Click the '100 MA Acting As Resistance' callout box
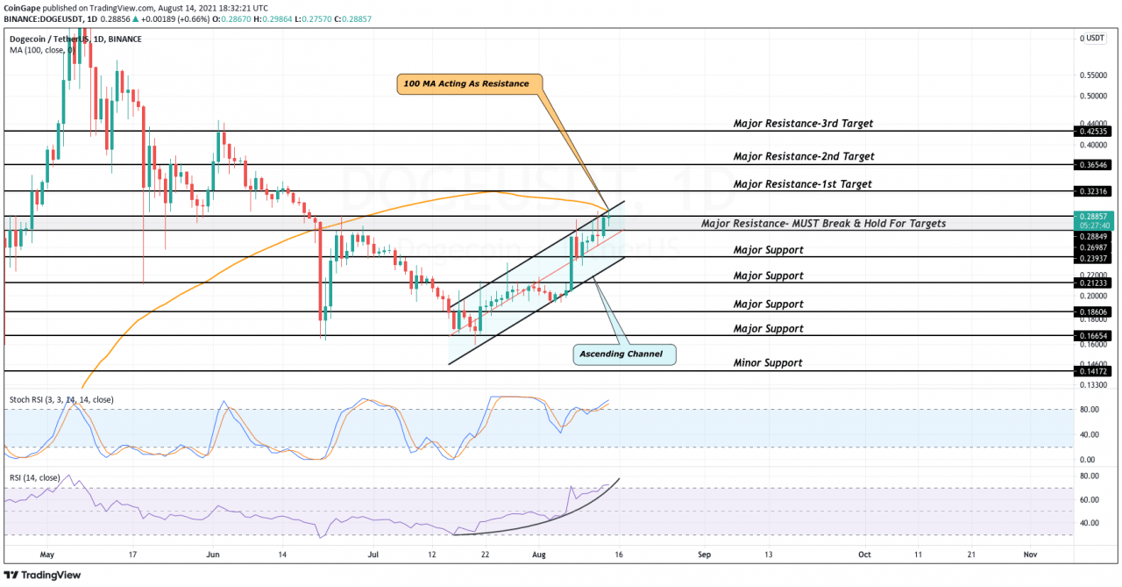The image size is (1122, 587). [467, 83]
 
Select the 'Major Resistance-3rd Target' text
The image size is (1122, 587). [803, 124]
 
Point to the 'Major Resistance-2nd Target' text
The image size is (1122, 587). [804, 156]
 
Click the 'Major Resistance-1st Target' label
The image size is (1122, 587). [803, 184]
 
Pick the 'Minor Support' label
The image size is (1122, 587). [768, 362]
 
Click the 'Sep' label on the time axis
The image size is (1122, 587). [703, 555]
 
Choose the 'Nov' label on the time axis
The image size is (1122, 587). [1030, 555]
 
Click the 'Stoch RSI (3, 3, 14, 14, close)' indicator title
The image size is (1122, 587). [60, 399]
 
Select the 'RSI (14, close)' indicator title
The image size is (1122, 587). [35, 477]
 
